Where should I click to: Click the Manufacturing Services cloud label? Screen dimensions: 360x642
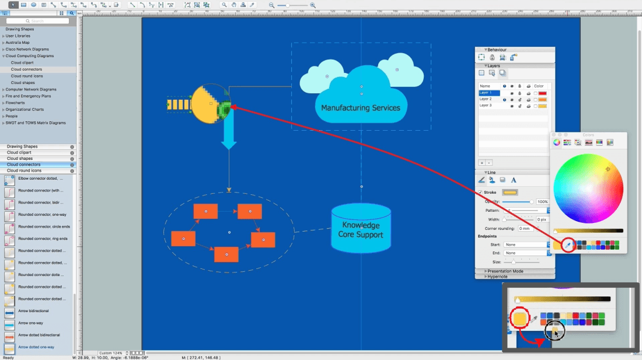click(x=361, y=107)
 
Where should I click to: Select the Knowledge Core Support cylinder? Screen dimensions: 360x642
click(x=361, y=230)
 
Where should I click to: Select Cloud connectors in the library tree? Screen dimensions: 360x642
click(x=26, y=69)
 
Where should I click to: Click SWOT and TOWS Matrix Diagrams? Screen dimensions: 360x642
click(x=36, y=123)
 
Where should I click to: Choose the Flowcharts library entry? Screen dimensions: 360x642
click(x=15, y=103)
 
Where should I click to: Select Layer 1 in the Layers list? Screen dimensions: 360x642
click(x=486, y=93)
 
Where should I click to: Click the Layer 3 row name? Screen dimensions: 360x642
click(x=486, y=106)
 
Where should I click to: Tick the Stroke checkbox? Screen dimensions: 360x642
click(x=480, y=193)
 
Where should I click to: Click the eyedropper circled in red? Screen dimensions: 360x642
click(x=567, y=244)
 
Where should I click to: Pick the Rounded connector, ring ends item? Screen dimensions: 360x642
click(x=43, y=239)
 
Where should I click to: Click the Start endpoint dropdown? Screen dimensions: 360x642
click(x=525, y=244)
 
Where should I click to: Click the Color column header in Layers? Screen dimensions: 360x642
click(x=538, y=86)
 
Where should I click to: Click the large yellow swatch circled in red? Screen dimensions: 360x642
click(x=520, y=319)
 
